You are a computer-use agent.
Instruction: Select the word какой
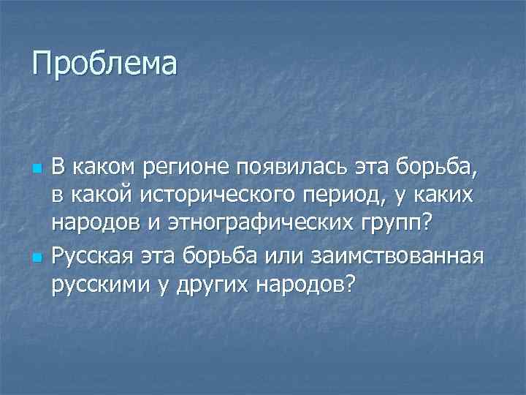coord(102,195)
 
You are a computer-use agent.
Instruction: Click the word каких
coord(446,195)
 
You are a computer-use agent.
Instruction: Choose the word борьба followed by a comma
coord(435,170)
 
